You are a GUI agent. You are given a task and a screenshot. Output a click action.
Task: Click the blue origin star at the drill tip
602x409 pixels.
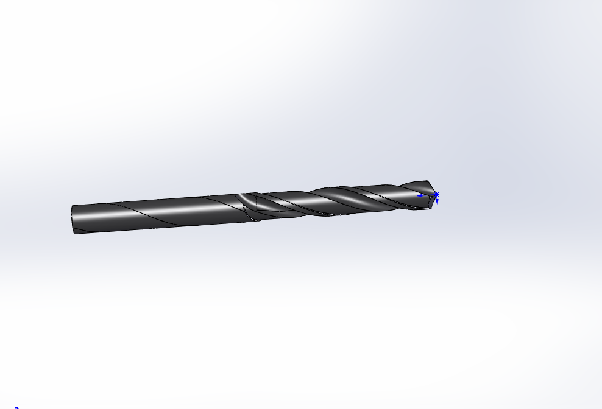[x=436, y=195]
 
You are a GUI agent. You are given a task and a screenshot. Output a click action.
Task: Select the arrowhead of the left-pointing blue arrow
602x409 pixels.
[x=420, y=196]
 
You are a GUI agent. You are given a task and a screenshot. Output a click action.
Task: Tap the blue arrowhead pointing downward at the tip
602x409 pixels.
[x=437, y=201]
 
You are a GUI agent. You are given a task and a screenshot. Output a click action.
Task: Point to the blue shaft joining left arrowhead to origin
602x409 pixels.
[x=428, y=195]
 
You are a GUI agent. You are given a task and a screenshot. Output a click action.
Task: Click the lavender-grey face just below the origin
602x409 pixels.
[x=432, y=201]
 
